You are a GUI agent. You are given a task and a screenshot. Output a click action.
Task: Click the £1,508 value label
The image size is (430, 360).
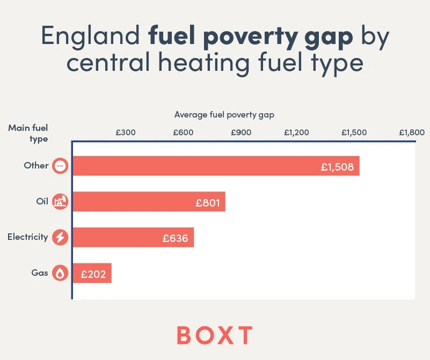coord(337,167)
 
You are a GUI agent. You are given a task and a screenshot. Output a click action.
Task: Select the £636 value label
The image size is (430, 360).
coord(176,238)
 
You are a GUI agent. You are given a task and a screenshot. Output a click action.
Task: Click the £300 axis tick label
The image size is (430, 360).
coord(125,133)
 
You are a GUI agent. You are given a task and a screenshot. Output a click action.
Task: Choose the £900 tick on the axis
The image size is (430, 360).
coord(240,133)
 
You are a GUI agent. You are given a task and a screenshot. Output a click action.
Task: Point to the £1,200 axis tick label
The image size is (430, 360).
coord(296,133)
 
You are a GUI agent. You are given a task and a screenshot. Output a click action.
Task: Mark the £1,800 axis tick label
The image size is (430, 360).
coord(411,133)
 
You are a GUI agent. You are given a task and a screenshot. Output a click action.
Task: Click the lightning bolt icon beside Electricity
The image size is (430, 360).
coord(60,237)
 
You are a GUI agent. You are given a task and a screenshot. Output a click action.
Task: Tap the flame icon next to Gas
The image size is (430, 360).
coord(60,273)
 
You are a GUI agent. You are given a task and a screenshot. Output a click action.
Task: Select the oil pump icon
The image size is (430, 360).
coord(60,202)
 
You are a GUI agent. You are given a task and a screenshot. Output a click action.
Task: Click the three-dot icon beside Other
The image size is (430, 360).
coord(60,166)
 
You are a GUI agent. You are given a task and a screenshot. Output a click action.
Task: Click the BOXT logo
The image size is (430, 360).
coord(215,335)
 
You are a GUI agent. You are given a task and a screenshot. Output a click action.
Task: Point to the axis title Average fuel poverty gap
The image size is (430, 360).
coord(224,114)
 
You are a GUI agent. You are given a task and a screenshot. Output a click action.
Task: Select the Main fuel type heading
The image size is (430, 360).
coord(28,133)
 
